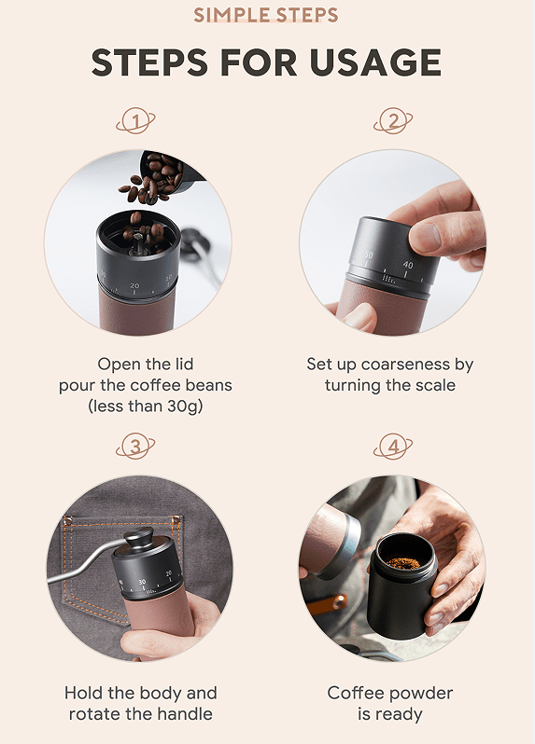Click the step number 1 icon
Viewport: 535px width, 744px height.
point(135,120)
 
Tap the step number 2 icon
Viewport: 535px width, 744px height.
point(393,120)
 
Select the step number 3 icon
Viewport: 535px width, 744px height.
point(135,446)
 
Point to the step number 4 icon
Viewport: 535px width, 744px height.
point(393,446)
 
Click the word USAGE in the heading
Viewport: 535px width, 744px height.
point(375,62)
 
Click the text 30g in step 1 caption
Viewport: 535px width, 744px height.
point(185,406)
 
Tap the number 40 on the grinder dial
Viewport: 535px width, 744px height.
point(408,265)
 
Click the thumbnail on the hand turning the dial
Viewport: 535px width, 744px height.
point(425,236)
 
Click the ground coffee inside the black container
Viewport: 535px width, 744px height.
point(403,564)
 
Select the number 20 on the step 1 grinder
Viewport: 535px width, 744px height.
point(134,285)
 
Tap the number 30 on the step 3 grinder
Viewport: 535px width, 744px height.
point(142,581)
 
